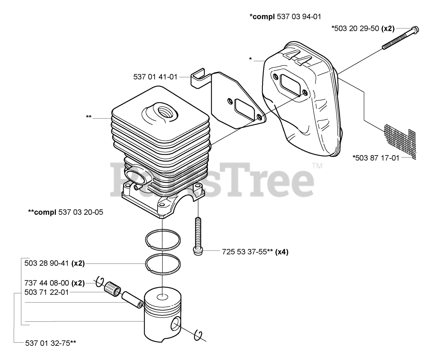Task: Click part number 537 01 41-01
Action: pyautogui.click(x=155, y=77)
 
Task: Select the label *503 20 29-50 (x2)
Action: pyautogui.click(x=363, y=29)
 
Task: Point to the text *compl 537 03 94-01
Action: pyautogui.click(x=285, y=16)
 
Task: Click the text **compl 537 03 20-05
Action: pyautogui.click(x=66, y=212)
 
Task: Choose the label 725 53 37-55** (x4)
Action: pyautogui.click(x=255, y=252)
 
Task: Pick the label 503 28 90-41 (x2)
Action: pyautogui.click(x=55, y=263)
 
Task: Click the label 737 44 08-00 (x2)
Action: pyautogui.click(x=55, y=283)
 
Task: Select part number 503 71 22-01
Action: pyautogui.click(x=47, y=292)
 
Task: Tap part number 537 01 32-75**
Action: pyautogui.click(x=51, y=343)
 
